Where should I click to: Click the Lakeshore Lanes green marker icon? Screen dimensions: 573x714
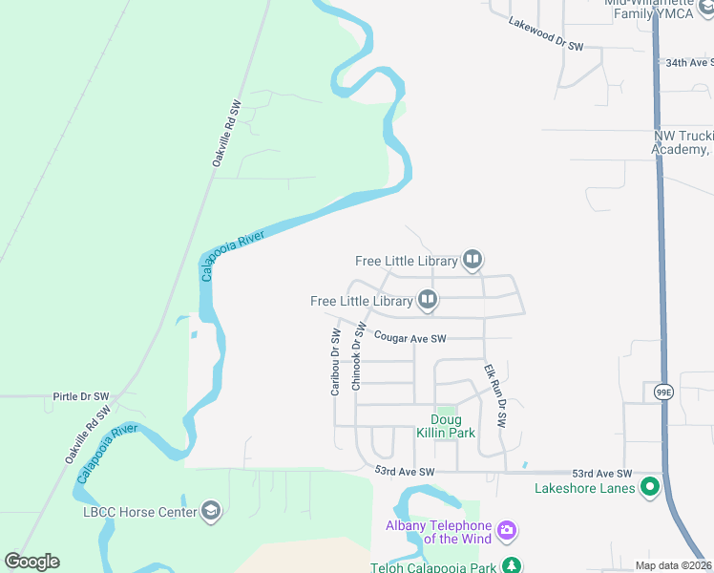click(x=651, y=488)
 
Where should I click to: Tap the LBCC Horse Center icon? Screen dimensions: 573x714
click(x=211, y=512)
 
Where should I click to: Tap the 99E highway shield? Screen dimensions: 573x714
click(x=664, y=392)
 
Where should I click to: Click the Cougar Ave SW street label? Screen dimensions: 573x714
click(x=409, y=338)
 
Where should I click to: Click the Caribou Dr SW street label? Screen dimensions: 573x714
click(x=335, y=362)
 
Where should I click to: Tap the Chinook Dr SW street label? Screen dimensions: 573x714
click(x=358, y=355)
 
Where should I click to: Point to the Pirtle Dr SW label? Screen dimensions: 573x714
click(x=81, y=395)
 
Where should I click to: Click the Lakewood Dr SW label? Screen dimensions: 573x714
click(x=546, y=33)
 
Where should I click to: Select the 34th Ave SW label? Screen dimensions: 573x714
click(x=690, y=62)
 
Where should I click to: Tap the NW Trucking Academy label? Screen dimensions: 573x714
click(x=682, y=143)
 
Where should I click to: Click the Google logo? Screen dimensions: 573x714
click(x=31, y=562)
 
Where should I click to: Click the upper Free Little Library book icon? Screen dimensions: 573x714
click(x=472, y=259)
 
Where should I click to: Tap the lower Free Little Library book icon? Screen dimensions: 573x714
click(x=428, y=301)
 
